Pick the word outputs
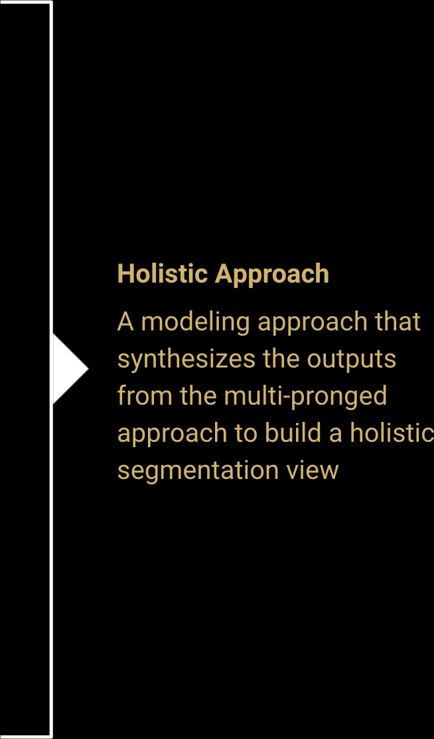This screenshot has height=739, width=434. tap(352, 360)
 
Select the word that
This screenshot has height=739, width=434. tap(398, 322)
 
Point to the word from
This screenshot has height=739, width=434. tap(145, 396)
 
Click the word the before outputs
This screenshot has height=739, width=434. tap(281, 359)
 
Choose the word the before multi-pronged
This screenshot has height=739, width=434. tap(198, 396)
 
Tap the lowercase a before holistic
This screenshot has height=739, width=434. tap(336, 435)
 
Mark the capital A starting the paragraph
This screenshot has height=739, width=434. tap(125, 322)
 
